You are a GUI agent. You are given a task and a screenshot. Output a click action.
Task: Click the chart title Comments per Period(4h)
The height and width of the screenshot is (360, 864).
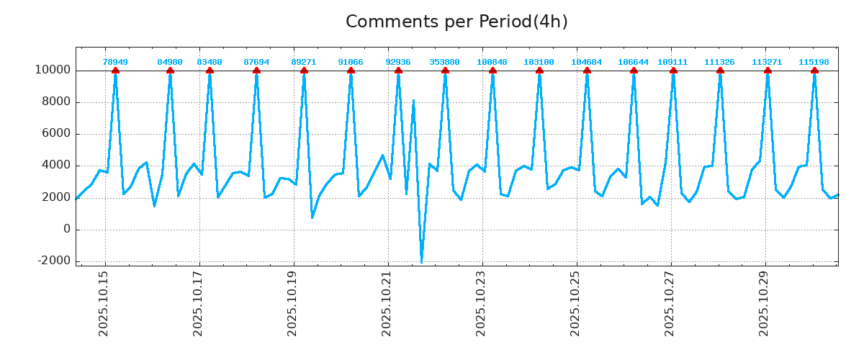pos(456,22)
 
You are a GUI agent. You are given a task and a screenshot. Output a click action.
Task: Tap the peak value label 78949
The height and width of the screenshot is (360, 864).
pos(115,63)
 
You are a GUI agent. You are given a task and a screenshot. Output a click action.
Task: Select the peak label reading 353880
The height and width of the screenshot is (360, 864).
pos(445,63)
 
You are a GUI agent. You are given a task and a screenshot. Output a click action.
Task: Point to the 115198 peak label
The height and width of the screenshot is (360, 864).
pos(814,63)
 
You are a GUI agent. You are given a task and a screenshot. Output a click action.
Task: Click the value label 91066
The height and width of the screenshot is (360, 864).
pos(351,63)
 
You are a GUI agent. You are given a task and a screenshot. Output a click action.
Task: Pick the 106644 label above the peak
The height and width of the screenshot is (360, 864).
pos(633,63)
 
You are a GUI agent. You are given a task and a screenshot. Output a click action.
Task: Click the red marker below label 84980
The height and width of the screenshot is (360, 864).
pos(170,71)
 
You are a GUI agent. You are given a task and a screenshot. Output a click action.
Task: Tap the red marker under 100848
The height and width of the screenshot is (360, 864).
pos(492,71)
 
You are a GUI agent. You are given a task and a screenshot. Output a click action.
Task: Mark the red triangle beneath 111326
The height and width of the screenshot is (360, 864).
pos(720,71)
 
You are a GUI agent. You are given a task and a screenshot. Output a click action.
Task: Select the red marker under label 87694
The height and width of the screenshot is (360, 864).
pos(256,71)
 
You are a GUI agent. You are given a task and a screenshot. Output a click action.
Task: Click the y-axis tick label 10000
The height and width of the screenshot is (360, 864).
pos(52,71)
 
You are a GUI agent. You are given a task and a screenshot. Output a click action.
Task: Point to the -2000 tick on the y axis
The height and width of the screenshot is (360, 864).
pos(54,261)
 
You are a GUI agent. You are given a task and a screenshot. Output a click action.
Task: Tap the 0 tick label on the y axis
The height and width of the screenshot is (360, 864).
pos(66,229)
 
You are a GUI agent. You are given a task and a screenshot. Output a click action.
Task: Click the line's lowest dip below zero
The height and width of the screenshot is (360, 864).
pos(421,261)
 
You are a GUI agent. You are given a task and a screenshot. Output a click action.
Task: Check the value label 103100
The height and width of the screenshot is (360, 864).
pos(539,63)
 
